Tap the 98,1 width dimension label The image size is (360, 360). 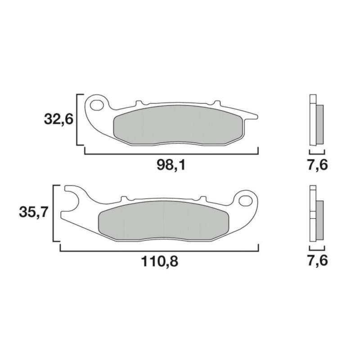coord(171,165)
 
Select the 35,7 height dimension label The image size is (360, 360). coord(33,213)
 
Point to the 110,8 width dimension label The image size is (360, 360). coord(159,261)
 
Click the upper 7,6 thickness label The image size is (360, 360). coord(318,165)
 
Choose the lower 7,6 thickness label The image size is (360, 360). coord(318,261)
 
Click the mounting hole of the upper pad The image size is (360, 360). coord(97,105)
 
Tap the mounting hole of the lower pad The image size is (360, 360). coord(245,200)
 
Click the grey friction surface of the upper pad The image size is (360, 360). coord(178,125)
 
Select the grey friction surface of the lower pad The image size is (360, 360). coord(163,221)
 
